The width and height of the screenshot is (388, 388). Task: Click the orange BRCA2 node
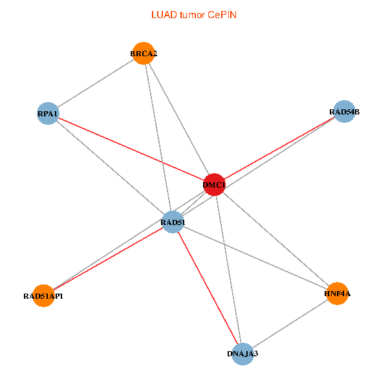pos(144,54)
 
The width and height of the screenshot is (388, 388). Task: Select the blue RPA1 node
pos(48,113)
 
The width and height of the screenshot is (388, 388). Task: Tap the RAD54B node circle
pos(344,112)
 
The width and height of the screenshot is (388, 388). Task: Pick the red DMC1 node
pos(214,184)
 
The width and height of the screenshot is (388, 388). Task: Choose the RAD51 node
pos(173,222)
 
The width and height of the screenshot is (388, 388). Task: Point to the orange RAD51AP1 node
pos(43,296)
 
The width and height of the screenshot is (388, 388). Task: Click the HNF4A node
pos(338,294)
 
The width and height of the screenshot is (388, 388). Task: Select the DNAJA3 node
pos(242,354)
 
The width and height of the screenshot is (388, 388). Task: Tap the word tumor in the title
pos(193,15)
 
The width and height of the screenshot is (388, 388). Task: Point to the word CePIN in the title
pos(222,15)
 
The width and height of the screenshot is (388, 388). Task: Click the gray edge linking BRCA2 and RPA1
pos(96,83)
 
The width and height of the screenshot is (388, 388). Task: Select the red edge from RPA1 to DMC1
pos(131,149)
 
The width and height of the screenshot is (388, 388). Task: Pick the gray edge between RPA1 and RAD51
pos(111,167)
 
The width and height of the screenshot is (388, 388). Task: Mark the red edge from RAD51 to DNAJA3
pos(208,288)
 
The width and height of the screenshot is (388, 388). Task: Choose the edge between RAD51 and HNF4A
pos(255,258)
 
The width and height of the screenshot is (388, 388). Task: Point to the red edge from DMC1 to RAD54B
pos(279,148)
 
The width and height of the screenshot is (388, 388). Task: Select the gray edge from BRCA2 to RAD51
pos(158,138)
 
